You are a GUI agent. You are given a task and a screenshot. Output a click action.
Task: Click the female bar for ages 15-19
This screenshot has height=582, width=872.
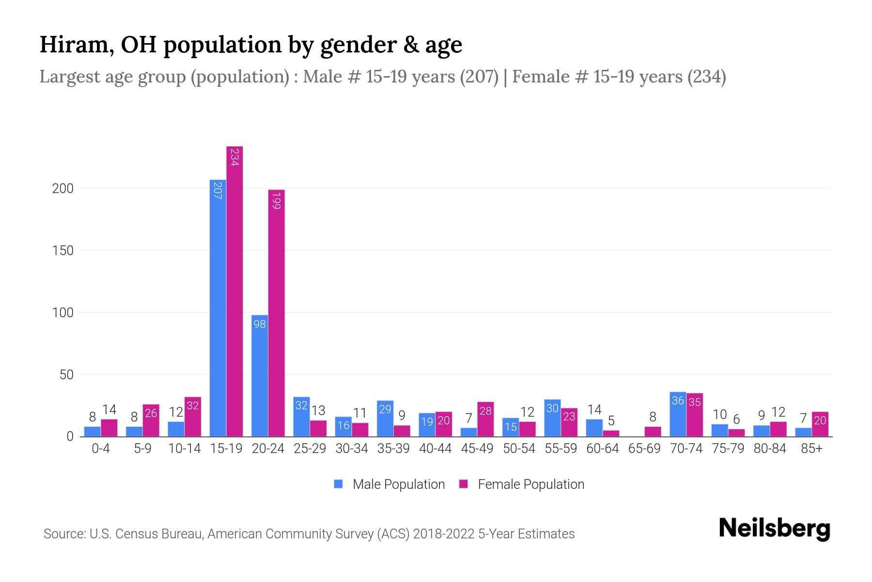click(234, 291)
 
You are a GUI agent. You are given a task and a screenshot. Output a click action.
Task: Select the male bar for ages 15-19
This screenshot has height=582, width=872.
click(218, 308)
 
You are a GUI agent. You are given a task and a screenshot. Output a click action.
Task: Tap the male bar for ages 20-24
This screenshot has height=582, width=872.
click(260, 376)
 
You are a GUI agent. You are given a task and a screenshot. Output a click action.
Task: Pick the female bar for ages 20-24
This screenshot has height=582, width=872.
click(276, 313)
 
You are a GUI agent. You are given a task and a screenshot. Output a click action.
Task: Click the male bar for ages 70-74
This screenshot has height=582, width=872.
click(678, 414)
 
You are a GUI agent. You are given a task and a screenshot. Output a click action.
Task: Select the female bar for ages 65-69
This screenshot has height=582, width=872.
click(653, 432)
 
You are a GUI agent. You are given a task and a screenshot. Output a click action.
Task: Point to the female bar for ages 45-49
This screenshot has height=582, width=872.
click(485, 419)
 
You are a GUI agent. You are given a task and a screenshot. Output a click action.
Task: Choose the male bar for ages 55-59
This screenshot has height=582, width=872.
click(552, 418)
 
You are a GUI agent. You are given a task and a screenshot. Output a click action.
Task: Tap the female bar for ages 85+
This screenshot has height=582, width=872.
click(820, 424)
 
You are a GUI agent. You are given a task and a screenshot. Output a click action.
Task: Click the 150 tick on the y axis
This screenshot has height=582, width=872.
click(62, 251)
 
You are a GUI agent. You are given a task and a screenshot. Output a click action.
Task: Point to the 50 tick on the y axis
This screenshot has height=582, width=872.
click(66, 375)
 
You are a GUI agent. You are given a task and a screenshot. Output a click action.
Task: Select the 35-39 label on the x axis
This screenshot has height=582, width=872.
click(393, 449)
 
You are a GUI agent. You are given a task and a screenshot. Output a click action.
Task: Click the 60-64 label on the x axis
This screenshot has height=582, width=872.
click(602, 449)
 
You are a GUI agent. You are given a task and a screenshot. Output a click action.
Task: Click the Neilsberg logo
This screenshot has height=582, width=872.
click(774, 529)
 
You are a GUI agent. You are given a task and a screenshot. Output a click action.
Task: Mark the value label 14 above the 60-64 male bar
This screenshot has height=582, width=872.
click(594, 410)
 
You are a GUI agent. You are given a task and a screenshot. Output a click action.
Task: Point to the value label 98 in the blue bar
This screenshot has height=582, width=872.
click(260, 324)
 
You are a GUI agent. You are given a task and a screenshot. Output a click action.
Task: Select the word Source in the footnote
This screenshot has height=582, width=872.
click(63, 534)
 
